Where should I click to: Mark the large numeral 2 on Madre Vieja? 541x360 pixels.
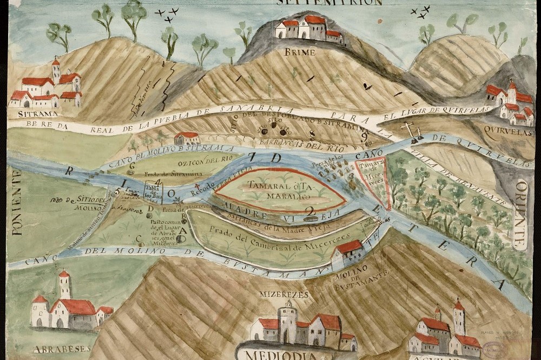point(309,211)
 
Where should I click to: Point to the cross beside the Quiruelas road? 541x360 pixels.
point(408,130)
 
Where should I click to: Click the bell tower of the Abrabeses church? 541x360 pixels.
point(64,284)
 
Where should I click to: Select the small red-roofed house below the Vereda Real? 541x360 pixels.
point(187,138)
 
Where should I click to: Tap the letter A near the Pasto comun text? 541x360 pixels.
point(182,230)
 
